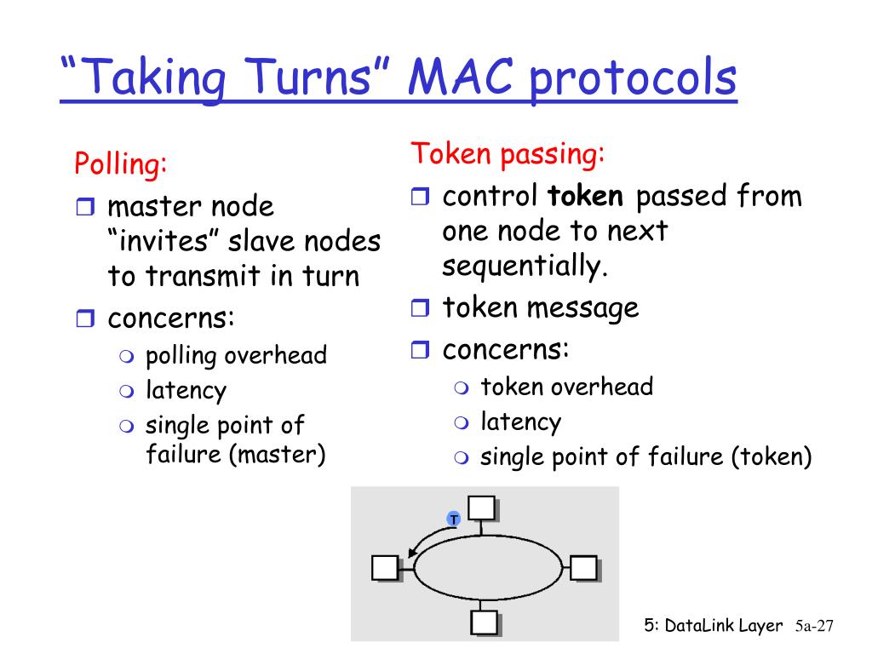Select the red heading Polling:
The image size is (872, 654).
[x=120, y=163]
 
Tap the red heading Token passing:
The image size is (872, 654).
[x=508, y=154]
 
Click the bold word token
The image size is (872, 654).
[x=586, y=197]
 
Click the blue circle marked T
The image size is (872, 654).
[x=454, y=519]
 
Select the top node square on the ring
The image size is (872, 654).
[x=482, y=508]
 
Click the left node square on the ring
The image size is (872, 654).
[x=385, y=567]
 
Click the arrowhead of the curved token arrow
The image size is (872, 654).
[x=413, y=554]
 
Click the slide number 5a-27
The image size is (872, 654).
[x=812, y=627]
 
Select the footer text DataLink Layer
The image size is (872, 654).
[x=723, y=626]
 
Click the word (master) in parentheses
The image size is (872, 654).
[x=278, y=454]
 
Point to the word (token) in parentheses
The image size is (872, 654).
[x=771, y=457]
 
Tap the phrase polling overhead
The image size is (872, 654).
[x=236, y=355]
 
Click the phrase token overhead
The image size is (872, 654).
[x=566, y=387]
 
